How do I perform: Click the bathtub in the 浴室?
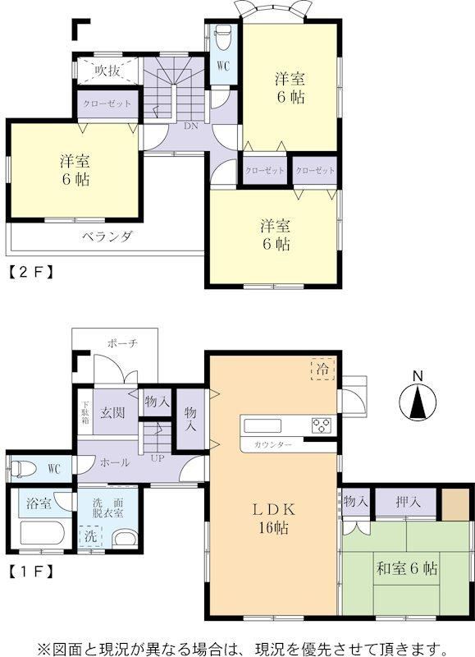click(43, 533)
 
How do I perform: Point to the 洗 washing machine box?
click(90, 536)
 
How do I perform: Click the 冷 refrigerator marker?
click(322, 370)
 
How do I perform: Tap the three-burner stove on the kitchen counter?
click(322, 425)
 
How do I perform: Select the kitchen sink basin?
click(263, 425)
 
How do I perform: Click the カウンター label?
click(272, 445)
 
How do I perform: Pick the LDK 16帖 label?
click(273, 518)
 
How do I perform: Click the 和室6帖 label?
click(407, 568)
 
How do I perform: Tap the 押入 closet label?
click(408, 502)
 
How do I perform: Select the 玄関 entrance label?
click(112, 412)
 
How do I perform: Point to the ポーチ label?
click(122, 343)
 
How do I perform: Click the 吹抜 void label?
click(107, 71)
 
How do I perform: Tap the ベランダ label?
click(107, 237)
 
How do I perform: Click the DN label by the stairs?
click(191, 126)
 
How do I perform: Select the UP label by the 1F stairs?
click(158, 458)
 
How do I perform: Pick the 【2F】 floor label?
click(31, 273)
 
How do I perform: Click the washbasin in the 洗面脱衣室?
click(126, 539)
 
